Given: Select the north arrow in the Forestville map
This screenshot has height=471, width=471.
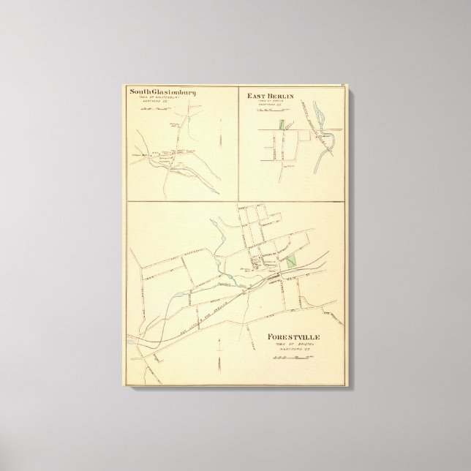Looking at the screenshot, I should pyautogui.click(x=219, y=362).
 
